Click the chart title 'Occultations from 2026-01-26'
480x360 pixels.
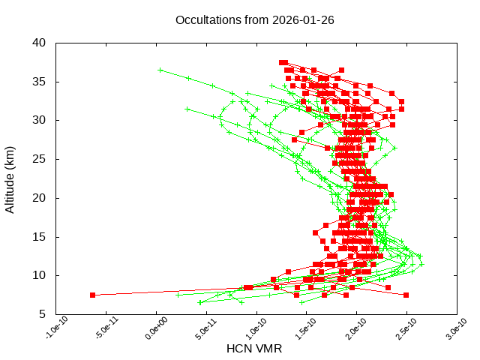tap(254, 20)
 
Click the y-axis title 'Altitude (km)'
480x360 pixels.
tap(10, 178)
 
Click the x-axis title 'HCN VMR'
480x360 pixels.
tap(254, 349)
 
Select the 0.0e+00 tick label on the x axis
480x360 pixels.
tap(148, 331)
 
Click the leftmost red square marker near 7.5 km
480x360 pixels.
tap(93, 295)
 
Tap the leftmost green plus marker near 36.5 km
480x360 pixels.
tap(160, 70)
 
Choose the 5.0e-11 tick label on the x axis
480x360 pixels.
tap(198, 331)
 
